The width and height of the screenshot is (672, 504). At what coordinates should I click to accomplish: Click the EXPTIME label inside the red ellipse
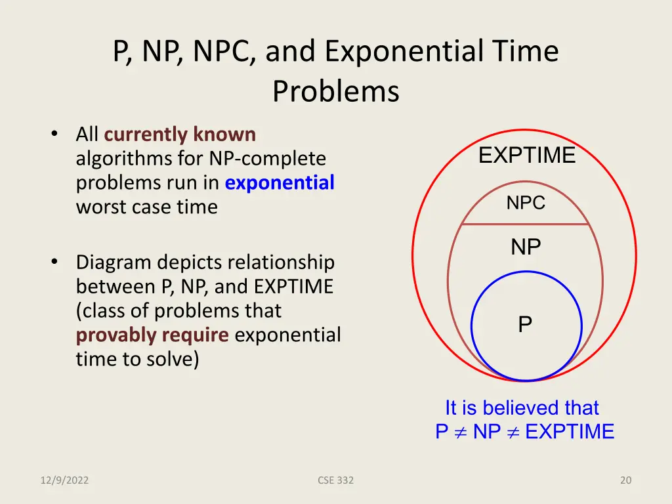tap(527, 156)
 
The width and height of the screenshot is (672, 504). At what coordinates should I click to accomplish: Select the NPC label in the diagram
tap(526, 203)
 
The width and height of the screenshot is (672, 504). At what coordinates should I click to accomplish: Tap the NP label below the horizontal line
tap(526, 247)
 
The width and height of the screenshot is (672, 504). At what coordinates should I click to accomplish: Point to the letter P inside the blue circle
tap(525, 324)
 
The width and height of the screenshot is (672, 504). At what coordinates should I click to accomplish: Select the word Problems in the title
tap(335, 91)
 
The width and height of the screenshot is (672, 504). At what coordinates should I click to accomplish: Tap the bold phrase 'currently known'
tap(180, 135)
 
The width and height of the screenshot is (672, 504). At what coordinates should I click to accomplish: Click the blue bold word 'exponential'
tap(280, 182)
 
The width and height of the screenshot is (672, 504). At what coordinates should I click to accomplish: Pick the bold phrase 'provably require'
tap(152, 335)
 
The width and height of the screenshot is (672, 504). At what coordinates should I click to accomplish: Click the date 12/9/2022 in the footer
tap(64, 480)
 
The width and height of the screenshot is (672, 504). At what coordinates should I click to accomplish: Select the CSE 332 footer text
tap(335, 480)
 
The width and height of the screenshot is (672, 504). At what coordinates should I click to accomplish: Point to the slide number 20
tap(625, 480)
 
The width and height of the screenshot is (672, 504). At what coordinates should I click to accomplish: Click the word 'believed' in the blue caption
tap(522, 408)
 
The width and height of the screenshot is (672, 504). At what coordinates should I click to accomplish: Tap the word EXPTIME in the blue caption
tap(570, 432)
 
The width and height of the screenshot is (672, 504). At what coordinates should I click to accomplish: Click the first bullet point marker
tap(54, 135)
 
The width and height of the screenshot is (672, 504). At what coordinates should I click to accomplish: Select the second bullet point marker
tap(54, 262)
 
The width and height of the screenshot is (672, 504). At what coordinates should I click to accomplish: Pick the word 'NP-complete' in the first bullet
tap(268, 159)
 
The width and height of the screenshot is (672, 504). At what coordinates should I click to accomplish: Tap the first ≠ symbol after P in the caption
tap(460, 432)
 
